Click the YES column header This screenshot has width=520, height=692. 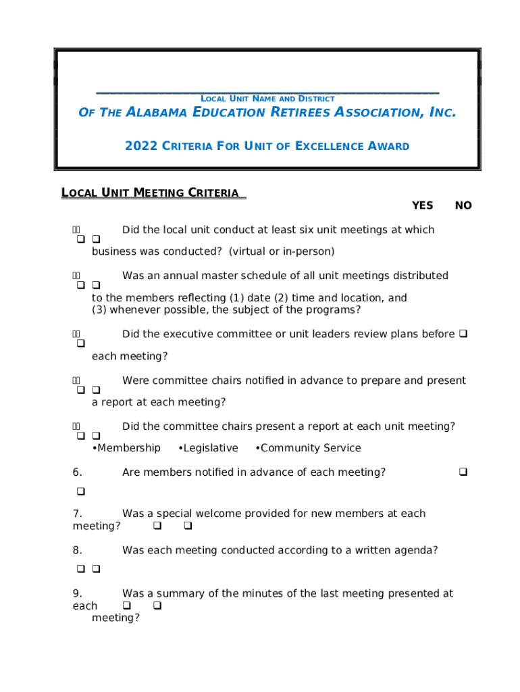click(422, 205)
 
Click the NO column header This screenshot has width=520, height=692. click(463, 205)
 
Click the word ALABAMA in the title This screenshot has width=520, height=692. click(157, 112)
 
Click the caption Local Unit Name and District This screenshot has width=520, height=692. click(267, 99)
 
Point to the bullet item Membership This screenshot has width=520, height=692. click(126, 448)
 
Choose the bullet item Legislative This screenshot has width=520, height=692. click(208, 448)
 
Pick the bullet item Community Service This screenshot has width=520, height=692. click(309, 448)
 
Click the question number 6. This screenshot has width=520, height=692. click(77, 472)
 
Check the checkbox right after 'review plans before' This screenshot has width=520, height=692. click(463, 334)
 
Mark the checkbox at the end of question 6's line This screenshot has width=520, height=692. click(463, 472)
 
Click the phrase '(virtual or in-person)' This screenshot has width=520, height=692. click(281, 251)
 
